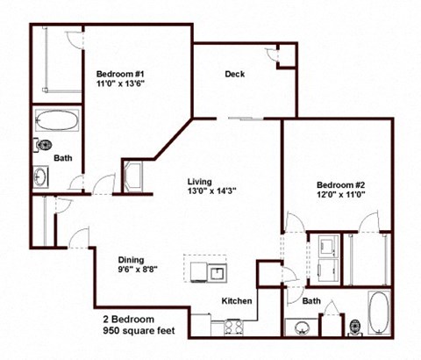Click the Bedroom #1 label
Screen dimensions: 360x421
click(120, 75)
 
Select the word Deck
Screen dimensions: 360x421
click(234, 74)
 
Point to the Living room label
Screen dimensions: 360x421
click(199, 183)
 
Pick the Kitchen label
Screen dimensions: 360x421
click(237, 301)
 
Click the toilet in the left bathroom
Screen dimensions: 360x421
click(44, 146)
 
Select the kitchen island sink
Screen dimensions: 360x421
click(215, 270)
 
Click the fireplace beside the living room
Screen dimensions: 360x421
click(138, 174)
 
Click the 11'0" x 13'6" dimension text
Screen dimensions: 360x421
click(120, 87)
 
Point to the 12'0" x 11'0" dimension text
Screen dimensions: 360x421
click(340, 196)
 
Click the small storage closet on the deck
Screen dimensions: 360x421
click(286, 54)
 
